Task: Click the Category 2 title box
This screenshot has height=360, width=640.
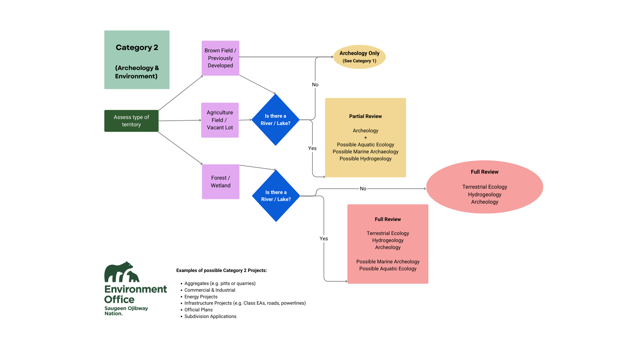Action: tap(137, 60)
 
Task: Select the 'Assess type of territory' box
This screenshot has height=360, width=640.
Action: tap(131, 121)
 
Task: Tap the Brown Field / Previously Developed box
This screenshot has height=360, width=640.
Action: tap(220, 58)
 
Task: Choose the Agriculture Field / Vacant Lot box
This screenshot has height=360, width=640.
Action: tap(220, 120)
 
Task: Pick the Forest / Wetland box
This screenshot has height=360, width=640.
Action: tap(220, 182)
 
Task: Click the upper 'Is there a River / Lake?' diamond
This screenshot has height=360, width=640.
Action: tap(275, 120)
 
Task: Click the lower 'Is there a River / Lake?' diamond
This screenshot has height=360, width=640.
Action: tap(276, 196)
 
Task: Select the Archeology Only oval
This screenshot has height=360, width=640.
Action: tap(359, 57)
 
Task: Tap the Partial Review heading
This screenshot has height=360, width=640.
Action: tap(365, 116)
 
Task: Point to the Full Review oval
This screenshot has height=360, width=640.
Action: tap(484, 187)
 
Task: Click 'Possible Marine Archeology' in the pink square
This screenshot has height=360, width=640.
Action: tap(388, 262)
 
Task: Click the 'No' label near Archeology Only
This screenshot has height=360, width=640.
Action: tap(315, 85)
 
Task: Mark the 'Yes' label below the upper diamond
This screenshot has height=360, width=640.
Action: tap(312, 148)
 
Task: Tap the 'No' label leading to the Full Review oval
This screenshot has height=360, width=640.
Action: tap(363, 189)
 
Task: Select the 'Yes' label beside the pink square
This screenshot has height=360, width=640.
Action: tap(324, 239)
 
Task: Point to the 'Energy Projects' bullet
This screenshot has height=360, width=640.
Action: tap(201, 297)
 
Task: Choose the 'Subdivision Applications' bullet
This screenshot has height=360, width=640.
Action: tap(210, 316)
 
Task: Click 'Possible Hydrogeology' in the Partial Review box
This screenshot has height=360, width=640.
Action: tap(365, 159)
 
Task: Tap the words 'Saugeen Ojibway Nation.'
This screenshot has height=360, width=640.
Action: tap(126, 311)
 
